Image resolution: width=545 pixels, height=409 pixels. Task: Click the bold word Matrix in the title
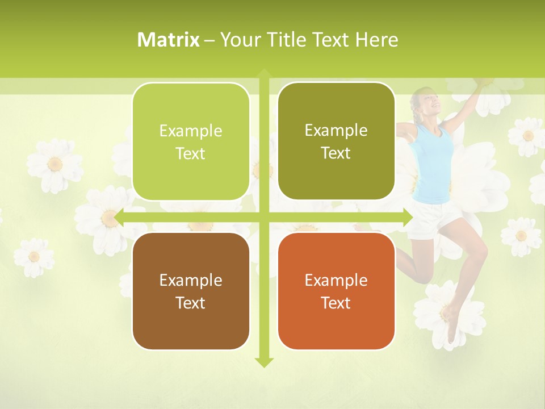(x=168, y=40)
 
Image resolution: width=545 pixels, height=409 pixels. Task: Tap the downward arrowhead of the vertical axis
(x=264, y=362)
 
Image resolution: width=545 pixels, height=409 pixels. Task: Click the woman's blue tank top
(x=434, y=165)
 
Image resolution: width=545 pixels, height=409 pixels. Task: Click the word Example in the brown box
(x=191, y=280)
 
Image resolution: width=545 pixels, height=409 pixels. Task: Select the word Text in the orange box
(x=336, y=303)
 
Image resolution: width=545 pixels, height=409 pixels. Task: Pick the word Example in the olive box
(x=336, y=131)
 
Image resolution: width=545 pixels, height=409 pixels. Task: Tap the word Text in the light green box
(x=191, y=153)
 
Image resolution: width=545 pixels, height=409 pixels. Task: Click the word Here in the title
(x=376, y=40)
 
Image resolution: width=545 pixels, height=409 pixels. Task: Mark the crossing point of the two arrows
(x=264, y=217)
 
